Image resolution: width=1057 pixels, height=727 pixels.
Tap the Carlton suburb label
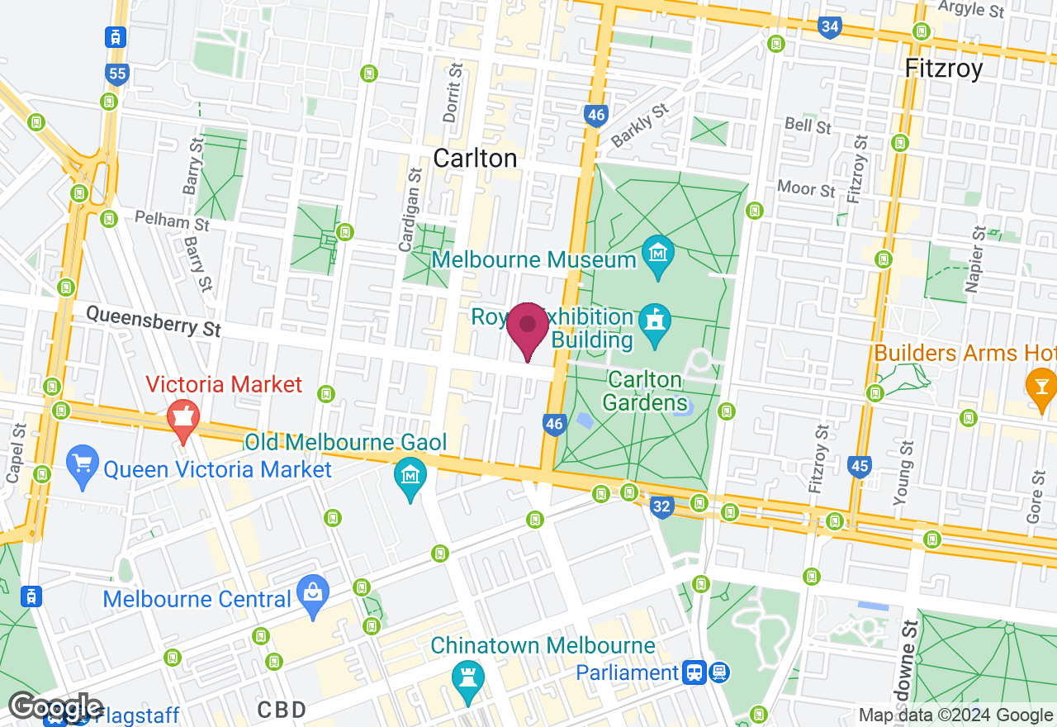pos(475,158)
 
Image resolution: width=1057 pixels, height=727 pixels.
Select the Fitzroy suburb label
pos(944,68)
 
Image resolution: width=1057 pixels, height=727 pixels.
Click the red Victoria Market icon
pos(182,417)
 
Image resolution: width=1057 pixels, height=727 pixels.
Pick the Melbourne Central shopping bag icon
pos(313,593)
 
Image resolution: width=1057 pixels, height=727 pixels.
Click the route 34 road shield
pos(830,28)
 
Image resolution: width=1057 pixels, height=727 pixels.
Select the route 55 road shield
pos(117,74)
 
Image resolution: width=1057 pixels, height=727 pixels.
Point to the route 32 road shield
pos(661,506)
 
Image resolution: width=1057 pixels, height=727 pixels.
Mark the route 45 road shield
pos(860,467)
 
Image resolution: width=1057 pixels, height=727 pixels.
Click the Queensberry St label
pos(154,321)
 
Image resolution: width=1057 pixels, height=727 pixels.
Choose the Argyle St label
pos(972,9)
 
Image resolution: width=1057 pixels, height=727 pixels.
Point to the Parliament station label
pos(628,672)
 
